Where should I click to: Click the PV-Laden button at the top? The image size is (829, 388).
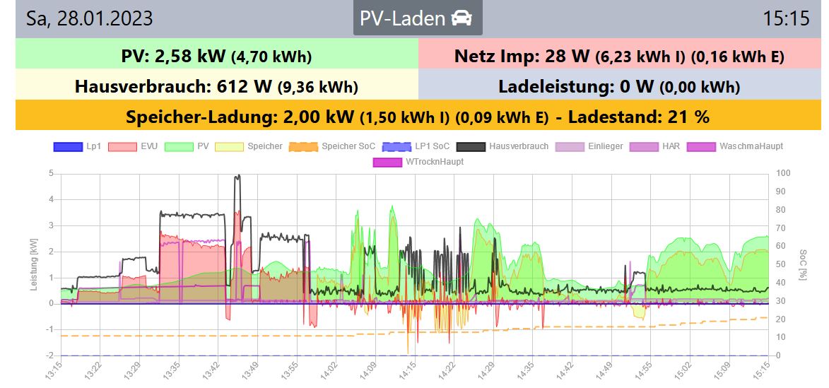coord(417,18)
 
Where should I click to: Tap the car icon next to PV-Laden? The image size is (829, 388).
coord(461,18)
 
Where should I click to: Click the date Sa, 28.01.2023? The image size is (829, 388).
coord(89,18)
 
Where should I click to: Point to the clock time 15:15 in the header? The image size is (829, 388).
coord(786,18)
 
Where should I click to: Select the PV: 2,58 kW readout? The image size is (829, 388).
coord(216,56)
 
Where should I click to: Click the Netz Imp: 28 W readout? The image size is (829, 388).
coord(619,56)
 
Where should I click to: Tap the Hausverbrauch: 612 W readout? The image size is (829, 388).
coord(216,86)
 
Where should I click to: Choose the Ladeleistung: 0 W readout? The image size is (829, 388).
coord(619,86)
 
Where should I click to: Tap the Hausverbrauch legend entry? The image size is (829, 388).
coord(502,146)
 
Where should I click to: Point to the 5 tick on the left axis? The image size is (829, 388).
coord(51,173)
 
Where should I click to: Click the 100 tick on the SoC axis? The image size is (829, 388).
coord(782,173)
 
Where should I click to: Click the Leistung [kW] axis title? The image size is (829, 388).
coord(34,264)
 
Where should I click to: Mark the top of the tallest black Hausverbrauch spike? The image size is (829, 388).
coord(237,175)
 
